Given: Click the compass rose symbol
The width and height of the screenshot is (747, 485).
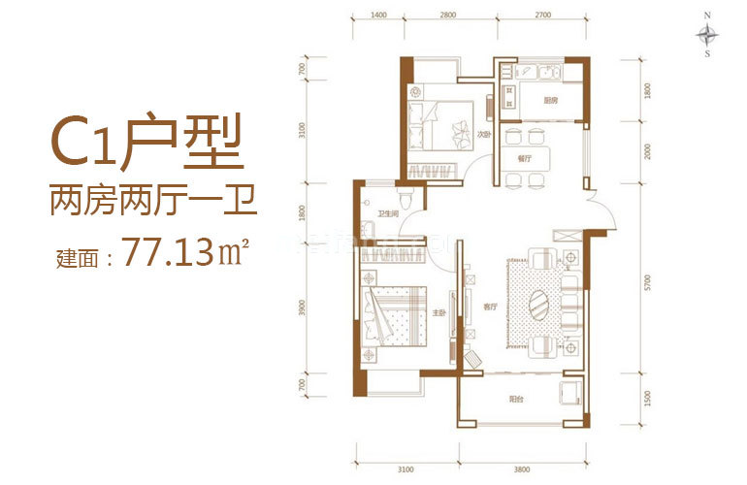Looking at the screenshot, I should click(710, 35).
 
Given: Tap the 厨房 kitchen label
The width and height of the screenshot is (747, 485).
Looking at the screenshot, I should click(550, 100).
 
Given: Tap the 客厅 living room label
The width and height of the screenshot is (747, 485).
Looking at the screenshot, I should click(490, 307).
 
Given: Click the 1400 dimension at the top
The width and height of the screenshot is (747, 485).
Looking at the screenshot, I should click(379, 16).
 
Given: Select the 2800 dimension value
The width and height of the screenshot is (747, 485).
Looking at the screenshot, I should click(447, 16).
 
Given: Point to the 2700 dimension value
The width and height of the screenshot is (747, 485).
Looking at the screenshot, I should click(542, 16).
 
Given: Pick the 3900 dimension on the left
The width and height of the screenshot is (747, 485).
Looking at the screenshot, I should click(303, 308).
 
